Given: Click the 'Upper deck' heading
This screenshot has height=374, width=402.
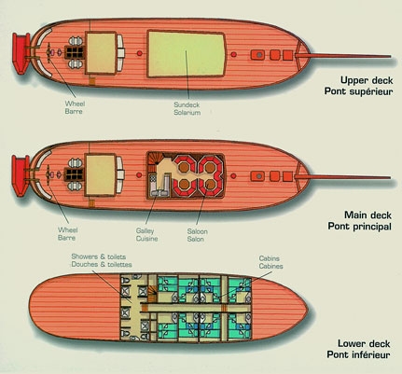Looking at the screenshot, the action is coord(367,80).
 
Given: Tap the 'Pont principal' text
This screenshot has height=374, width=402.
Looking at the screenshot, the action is coord(359,227).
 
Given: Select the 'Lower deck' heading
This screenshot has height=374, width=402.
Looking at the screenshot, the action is coord(364,344).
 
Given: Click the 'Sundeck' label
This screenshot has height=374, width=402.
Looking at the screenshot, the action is coord(187,104).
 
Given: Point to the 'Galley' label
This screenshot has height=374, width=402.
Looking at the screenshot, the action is coord(145,231).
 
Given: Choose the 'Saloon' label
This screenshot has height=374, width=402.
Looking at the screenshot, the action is coord(197,231).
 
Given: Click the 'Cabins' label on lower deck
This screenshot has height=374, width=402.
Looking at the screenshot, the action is coord(270,258).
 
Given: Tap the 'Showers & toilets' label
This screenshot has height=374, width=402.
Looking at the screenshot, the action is coord(99,256).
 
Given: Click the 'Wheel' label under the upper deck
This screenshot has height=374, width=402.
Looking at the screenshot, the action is coord(75,104).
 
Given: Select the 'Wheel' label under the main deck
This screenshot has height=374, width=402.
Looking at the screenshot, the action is coord(68,230).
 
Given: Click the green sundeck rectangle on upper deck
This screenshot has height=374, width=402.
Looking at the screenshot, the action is coord(186,53).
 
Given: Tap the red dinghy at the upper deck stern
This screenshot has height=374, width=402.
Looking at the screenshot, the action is coord(21,53).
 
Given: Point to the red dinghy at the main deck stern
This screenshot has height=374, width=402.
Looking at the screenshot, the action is coord(21,175).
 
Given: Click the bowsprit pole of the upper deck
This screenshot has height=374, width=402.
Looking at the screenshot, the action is coord(342,56).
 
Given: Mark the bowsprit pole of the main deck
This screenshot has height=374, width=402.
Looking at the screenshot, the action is coord(342,177).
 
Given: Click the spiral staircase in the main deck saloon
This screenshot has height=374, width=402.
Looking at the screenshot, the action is coord(153,159).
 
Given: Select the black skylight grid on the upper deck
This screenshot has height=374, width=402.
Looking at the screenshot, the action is coord(75,52).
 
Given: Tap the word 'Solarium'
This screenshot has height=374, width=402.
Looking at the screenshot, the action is coord(187,113).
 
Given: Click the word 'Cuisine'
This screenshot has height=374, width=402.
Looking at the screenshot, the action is coord(146,239).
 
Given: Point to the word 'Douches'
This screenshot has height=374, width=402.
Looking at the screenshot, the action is coord(83,265).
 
